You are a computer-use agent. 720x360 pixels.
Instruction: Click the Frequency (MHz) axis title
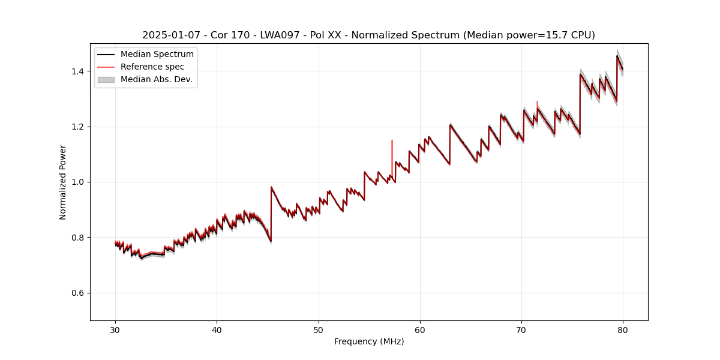point(369,341)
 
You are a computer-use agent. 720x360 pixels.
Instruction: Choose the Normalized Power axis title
point(63,182)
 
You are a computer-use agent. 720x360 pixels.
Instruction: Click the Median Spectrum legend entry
point(157,55)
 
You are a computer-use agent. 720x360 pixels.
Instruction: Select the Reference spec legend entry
point(152,67)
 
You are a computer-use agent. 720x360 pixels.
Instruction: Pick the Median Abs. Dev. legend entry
point(156,79)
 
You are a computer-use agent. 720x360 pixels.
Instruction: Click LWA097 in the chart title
point(280,35)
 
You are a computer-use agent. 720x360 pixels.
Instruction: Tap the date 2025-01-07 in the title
point(170,35)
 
